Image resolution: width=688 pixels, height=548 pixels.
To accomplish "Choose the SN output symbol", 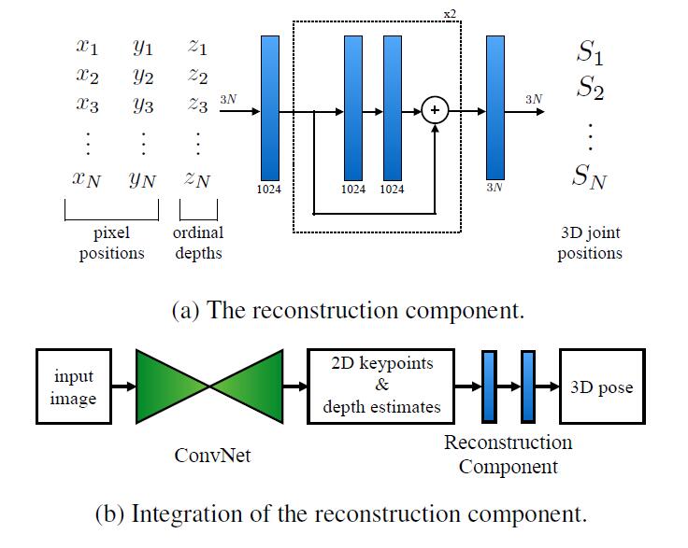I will (x=590, y=175).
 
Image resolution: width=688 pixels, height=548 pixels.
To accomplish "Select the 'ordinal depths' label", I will (x=198, y=243).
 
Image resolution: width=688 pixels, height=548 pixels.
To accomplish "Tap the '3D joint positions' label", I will (x=590, y=243).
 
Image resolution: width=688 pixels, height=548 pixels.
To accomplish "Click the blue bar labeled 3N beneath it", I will (x=495, y=107).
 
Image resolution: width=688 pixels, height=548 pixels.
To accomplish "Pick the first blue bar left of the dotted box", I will (x=270, y=107).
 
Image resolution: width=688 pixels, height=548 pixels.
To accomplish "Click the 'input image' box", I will (x=74, y=387).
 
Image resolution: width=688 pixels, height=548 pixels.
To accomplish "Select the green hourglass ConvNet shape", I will (x=209, y=387).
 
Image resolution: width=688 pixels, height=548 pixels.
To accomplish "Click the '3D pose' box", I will (x=602, y=387).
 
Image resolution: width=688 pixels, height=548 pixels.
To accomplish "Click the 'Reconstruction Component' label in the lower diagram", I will (x=508, y=454).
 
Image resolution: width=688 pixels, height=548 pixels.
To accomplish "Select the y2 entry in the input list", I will (x=142, y=76).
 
